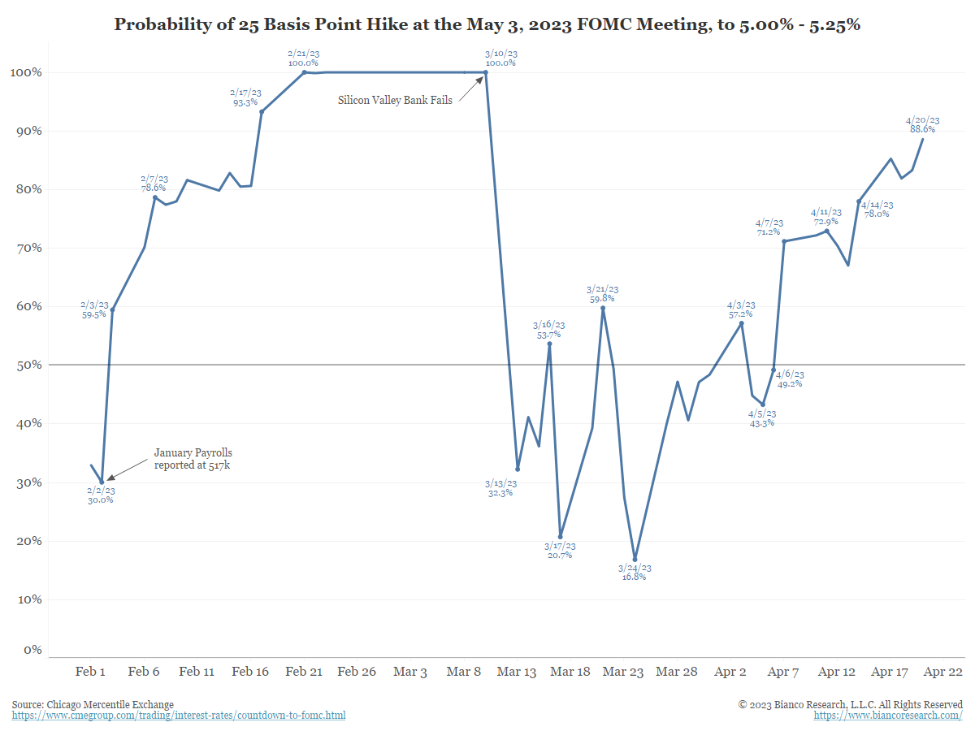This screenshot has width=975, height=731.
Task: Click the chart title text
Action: [x=487, y=24]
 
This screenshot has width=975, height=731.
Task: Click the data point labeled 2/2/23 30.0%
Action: [x=102, y=482]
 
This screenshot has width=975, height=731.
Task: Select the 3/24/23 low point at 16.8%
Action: [x=635, y=559]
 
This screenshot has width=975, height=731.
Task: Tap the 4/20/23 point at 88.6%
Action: [x=922, y=139]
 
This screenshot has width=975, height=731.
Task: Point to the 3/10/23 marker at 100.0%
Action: [x=485, y=72]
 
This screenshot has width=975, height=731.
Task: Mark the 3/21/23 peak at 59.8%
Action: [x=603, y=308]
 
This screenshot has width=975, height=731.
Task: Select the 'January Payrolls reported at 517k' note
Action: [x=193, y=459]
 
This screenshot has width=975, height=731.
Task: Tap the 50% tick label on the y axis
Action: [x=28, y=365]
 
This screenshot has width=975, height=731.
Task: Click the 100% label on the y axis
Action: [x=25, y=72]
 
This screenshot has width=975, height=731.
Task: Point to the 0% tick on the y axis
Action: [x=32, y=650]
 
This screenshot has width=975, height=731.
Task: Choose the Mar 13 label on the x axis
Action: [x=517, y=672]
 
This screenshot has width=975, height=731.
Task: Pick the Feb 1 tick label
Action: [x=90, y=672]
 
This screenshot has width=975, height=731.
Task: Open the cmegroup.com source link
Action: [x=178, y=716]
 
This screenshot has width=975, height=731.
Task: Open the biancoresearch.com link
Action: [x=888, y=716]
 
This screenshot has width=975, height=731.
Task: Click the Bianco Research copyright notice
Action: [x=850, y=704]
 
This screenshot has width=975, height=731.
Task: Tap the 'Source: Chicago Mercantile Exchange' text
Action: [x=93, y=704]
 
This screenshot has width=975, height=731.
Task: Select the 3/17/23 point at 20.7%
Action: [x=560, y=536]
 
